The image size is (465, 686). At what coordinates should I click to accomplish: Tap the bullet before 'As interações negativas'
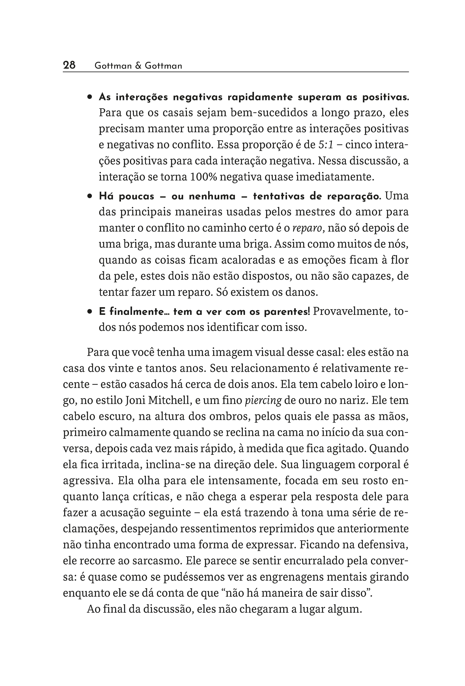pyautogui.click(x=89, y=97)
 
